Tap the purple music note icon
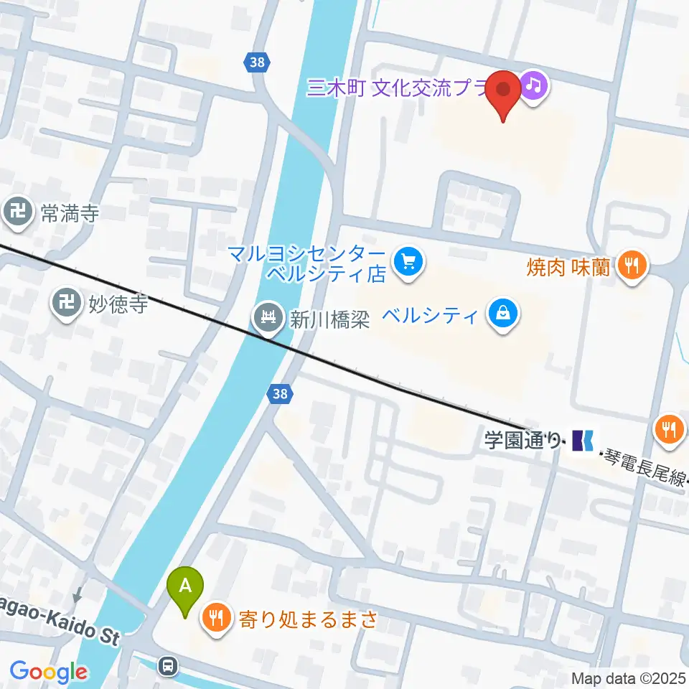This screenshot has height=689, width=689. (534, 86)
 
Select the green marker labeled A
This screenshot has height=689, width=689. (185, 586)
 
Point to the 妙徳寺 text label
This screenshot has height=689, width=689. (118, 304)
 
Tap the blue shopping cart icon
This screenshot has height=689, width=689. (409, 260)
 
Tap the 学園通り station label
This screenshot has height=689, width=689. (522, 439)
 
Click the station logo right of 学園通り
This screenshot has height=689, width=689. (583, 439)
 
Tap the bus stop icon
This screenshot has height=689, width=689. (169, 666)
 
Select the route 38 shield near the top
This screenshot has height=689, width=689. (257, 62)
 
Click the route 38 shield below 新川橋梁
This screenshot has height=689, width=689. (281, 393)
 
